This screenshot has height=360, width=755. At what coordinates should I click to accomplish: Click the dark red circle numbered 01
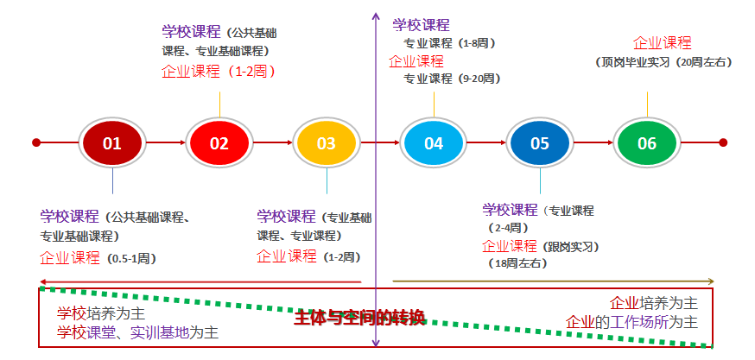tap(112, 143)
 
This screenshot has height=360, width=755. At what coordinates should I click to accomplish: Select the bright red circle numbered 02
tap(219, 143)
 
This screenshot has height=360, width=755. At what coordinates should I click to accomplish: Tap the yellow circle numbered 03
tap(326, 143)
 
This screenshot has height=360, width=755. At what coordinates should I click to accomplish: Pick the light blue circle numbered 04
tap(433, 143)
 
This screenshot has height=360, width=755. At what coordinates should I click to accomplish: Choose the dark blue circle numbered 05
tap(540, 143)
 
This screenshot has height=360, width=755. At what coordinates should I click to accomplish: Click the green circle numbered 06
tap(647, 143)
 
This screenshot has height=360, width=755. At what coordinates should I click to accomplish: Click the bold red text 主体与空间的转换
tap(359, 318)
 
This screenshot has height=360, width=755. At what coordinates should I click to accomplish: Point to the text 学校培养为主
tap(101, 313)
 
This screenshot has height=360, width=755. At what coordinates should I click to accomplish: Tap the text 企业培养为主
tap(654, 303)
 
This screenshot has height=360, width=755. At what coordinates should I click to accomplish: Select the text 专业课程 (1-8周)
tap(449, 43)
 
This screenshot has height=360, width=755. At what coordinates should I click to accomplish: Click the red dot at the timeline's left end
tap(36, 142)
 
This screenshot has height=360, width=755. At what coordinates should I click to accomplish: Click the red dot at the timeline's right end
tap(723, 142)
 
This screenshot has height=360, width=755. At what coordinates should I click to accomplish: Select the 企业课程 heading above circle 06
tap(663, 43)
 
